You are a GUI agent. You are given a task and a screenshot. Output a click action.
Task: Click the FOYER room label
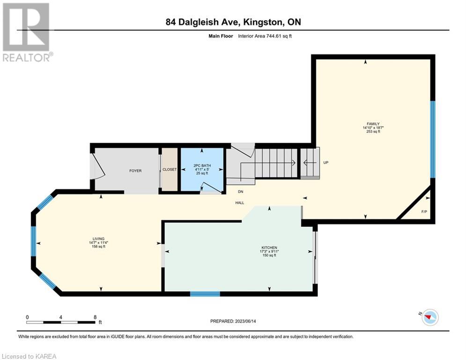tap(135, 171)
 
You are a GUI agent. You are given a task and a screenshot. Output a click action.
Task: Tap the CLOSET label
tap(170, 170)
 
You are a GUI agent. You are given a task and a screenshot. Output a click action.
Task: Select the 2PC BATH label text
tap(202, 166)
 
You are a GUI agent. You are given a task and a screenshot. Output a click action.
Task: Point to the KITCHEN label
tap(269, 247)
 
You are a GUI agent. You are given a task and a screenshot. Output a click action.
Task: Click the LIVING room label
tap(99, 239)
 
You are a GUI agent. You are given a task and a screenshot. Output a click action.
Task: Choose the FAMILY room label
tap(373, 124)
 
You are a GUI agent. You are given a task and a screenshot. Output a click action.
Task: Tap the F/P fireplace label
tap(424, 212)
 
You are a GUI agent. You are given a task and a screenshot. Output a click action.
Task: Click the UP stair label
tap(325, 163)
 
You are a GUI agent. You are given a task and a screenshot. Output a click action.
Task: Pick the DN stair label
tap(240, 192)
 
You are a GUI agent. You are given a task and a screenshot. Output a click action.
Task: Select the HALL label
tap(240, 203)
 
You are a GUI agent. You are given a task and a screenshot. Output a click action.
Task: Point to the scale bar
tap(61, 322)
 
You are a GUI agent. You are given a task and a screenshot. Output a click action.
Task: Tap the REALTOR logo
tap(27, 32)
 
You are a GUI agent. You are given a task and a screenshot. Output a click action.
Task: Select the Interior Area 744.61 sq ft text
tap(265, 36)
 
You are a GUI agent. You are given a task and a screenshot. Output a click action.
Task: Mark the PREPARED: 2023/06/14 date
tap(233, 321)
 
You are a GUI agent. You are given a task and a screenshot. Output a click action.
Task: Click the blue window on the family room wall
tap(433, 140)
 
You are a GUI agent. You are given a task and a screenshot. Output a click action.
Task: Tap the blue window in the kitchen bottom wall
tap(205, 294)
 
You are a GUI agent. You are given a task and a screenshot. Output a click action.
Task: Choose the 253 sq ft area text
tap(373, 131)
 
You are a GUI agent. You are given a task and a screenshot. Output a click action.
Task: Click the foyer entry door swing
tap(98, 166)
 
